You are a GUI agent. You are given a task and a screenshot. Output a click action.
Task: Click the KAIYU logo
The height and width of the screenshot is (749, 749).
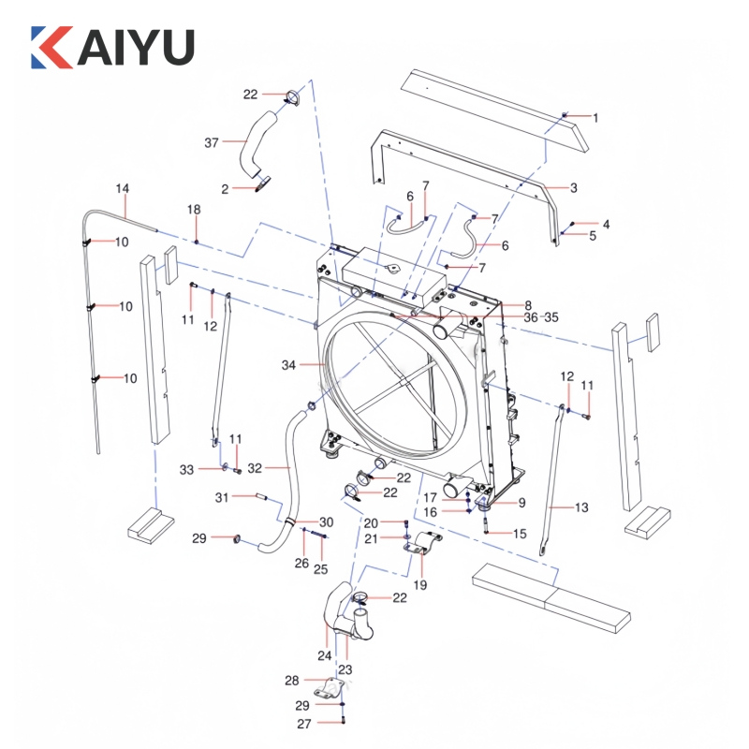[x=112, y=47]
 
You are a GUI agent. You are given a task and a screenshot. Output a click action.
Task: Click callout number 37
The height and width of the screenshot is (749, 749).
[x=212, y=142]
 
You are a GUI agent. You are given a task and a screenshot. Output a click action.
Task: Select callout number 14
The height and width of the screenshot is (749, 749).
[x=122, y=188]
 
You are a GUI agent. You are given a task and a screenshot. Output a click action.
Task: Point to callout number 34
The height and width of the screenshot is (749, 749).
[x=287, y=363]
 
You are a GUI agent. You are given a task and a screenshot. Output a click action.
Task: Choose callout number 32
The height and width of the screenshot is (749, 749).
[x=254, y=464]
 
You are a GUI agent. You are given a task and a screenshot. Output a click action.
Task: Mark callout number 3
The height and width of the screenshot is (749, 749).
[x=573, y=188]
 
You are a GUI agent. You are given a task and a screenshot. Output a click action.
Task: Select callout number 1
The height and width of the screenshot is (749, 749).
[x=595, y=118]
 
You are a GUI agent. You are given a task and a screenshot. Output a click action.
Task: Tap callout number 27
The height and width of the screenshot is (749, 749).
[x=304, y=724]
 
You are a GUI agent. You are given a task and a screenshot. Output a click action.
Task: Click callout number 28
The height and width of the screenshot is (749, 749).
[x=291, y=680]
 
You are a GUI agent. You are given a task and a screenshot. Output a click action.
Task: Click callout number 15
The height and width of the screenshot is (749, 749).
[x=521, y=533]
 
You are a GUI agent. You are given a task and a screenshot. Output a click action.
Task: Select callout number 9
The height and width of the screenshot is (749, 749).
[x=521, y=503]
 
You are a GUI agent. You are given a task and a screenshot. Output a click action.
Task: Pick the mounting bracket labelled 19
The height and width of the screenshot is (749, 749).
[x=422, y=547]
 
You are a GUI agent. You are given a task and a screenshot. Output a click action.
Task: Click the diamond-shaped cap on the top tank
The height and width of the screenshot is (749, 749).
[x=392, y=269]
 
